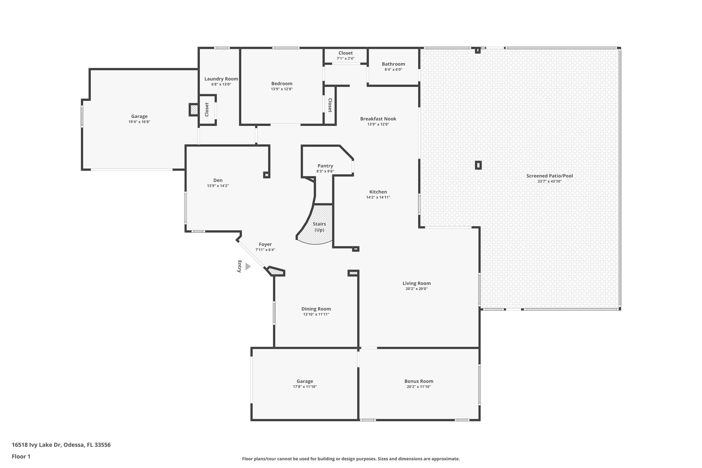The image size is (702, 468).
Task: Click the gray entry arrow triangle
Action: [248, 266]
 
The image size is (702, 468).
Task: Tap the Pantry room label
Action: [325, 166]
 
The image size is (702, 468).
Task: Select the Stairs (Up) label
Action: [319, 227]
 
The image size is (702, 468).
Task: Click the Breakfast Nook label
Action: [378, 119]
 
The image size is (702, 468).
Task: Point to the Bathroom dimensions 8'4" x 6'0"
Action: [393, 70]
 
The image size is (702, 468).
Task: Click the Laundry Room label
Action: [221, 79]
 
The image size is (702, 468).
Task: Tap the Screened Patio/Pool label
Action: [549, 176]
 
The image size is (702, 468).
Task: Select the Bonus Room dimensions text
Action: [419, 387]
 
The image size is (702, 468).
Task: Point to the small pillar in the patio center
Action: [478, 165]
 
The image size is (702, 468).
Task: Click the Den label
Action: [218, 180]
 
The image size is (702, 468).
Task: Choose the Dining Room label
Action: [316, 309]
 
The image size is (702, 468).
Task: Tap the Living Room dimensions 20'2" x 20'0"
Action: [416, 289]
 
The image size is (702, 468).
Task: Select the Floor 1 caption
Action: [21, 456]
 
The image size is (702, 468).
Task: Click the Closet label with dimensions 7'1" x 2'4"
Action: [345, 53]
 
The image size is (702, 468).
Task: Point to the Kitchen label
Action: [378, 192]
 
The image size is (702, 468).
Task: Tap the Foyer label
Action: [265, 244]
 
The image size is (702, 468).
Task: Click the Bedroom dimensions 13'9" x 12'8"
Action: [282, 89]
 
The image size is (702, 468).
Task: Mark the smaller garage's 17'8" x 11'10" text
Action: [305, 387]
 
